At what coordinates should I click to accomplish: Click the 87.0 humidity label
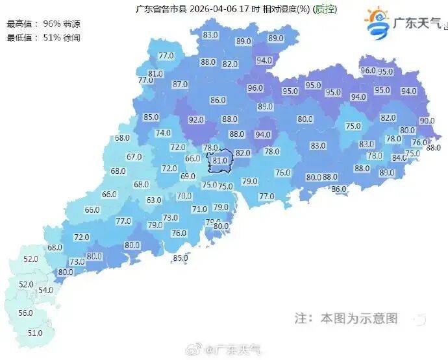[180, 84]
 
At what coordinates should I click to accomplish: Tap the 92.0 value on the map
[197, 120]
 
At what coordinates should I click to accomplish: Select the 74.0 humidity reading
[163, 133]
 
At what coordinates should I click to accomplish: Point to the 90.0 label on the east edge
[427, 121]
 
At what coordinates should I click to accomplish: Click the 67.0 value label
[134, 156]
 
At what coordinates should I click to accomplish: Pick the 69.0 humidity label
[188, 176]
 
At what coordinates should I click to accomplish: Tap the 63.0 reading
[154, 200]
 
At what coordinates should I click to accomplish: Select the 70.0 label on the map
[184, 196]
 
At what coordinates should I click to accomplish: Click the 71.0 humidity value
[199, 209]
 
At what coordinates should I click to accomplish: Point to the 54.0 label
[45, 290]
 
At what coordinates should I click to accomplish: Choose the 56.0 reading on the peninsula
[25, 313]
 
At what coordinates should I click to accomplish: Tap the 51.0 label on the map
[35, 333]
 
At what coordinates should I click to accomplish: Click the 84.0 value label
[399, 158]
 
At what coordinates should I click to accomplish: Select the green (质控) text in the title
[325, 9]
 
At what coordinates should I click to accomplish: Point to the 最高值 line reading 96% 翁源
[39, 23]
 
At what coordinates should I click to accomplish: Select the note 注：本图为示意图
[345, 318]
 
